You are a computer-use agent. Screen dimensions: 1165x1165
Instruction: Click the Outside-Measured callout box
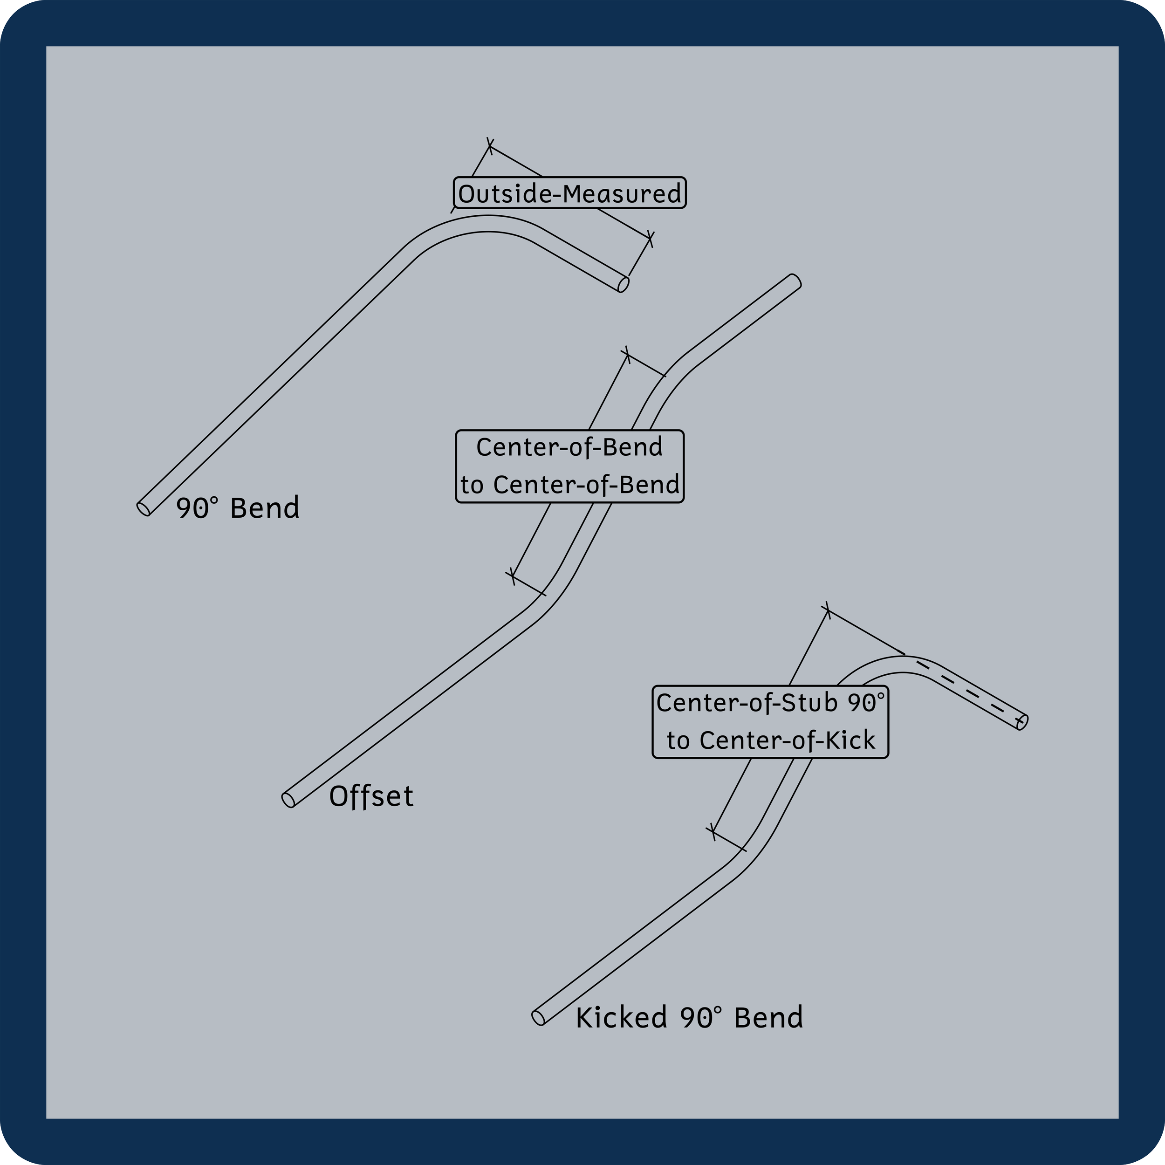click(569, 193)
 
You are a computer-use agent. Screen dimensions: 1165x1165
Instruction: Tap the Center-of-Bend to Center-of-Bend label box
click(569, 466)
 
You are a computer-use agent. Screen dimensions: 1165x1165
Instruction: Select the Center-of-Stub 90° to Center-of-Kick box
click(770, 722)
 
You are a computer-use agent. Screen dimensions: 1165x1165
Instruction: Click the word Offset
click(371, 796)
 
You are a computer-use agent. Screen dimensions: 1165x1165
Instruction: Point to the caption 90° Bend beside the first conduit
click(238, 508)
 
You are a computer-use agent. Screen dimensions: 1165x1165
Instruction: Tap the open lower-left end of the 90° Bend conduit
click(144, 508)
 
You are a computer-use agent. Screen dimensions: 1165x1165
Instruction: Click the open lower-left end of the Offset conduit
click(289, 800)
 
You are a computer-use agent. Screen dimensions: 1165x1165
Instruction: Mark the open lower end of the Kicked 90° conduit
click(539, 1017)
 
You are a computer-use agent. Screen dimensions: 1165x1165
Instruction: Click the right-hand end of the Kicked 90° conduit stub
click(1022, 722)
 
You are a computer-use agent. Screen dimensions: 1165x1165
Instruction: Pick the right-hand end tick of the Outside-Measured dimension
click(650, 239)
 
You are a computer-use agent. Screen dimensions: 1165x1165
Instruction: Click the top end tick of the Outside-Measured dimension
click(490, 146)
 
